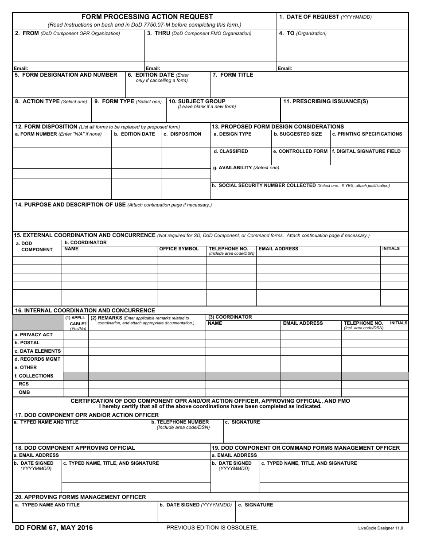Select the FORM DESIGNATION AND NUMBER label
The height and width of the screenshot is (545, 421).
pyautogui.click(x=66, y=75)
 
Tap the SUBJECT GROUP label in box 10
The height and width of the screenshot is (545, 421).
pyautogui.click(x=197, y=101)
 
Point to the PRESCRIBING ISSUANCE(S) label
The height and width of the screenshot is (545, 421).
pyautogui.click(x=326, y=101)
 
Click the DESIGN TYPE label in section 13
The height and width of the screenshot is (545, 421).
pyautogui.click(x=232, y=134)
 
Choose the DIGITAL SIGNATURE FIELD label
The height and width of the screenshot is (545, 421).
pyautogui.click(x=366, y=151)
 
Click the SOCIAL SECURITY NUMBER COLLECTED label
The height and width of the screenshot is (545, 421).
pyautogui.click(x=264, y=186)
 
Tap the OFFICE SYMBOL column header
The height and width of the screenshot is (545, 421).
pyautogui.click(x=179, y=249)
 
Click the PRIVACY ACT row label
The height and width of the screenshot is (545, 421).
pyautogui.click(x=34, y=335)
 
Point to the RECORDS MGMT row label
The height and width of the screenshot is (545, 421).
pyautogui.click(x=37, y=359)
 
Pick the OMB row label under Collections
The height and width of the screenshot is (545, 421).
pyautogui.click(x=24, y=393)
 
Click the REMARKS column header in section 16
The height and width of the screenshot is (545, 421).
pyautogui.click(x=106, y=318)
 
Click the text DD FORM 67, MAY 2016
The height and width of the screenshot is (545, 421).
pyautogui.click(x=54, y=528)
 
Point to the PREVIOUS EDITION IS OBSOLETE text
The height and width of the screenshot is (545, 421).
pyautogui.click(x=212, y=528)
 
